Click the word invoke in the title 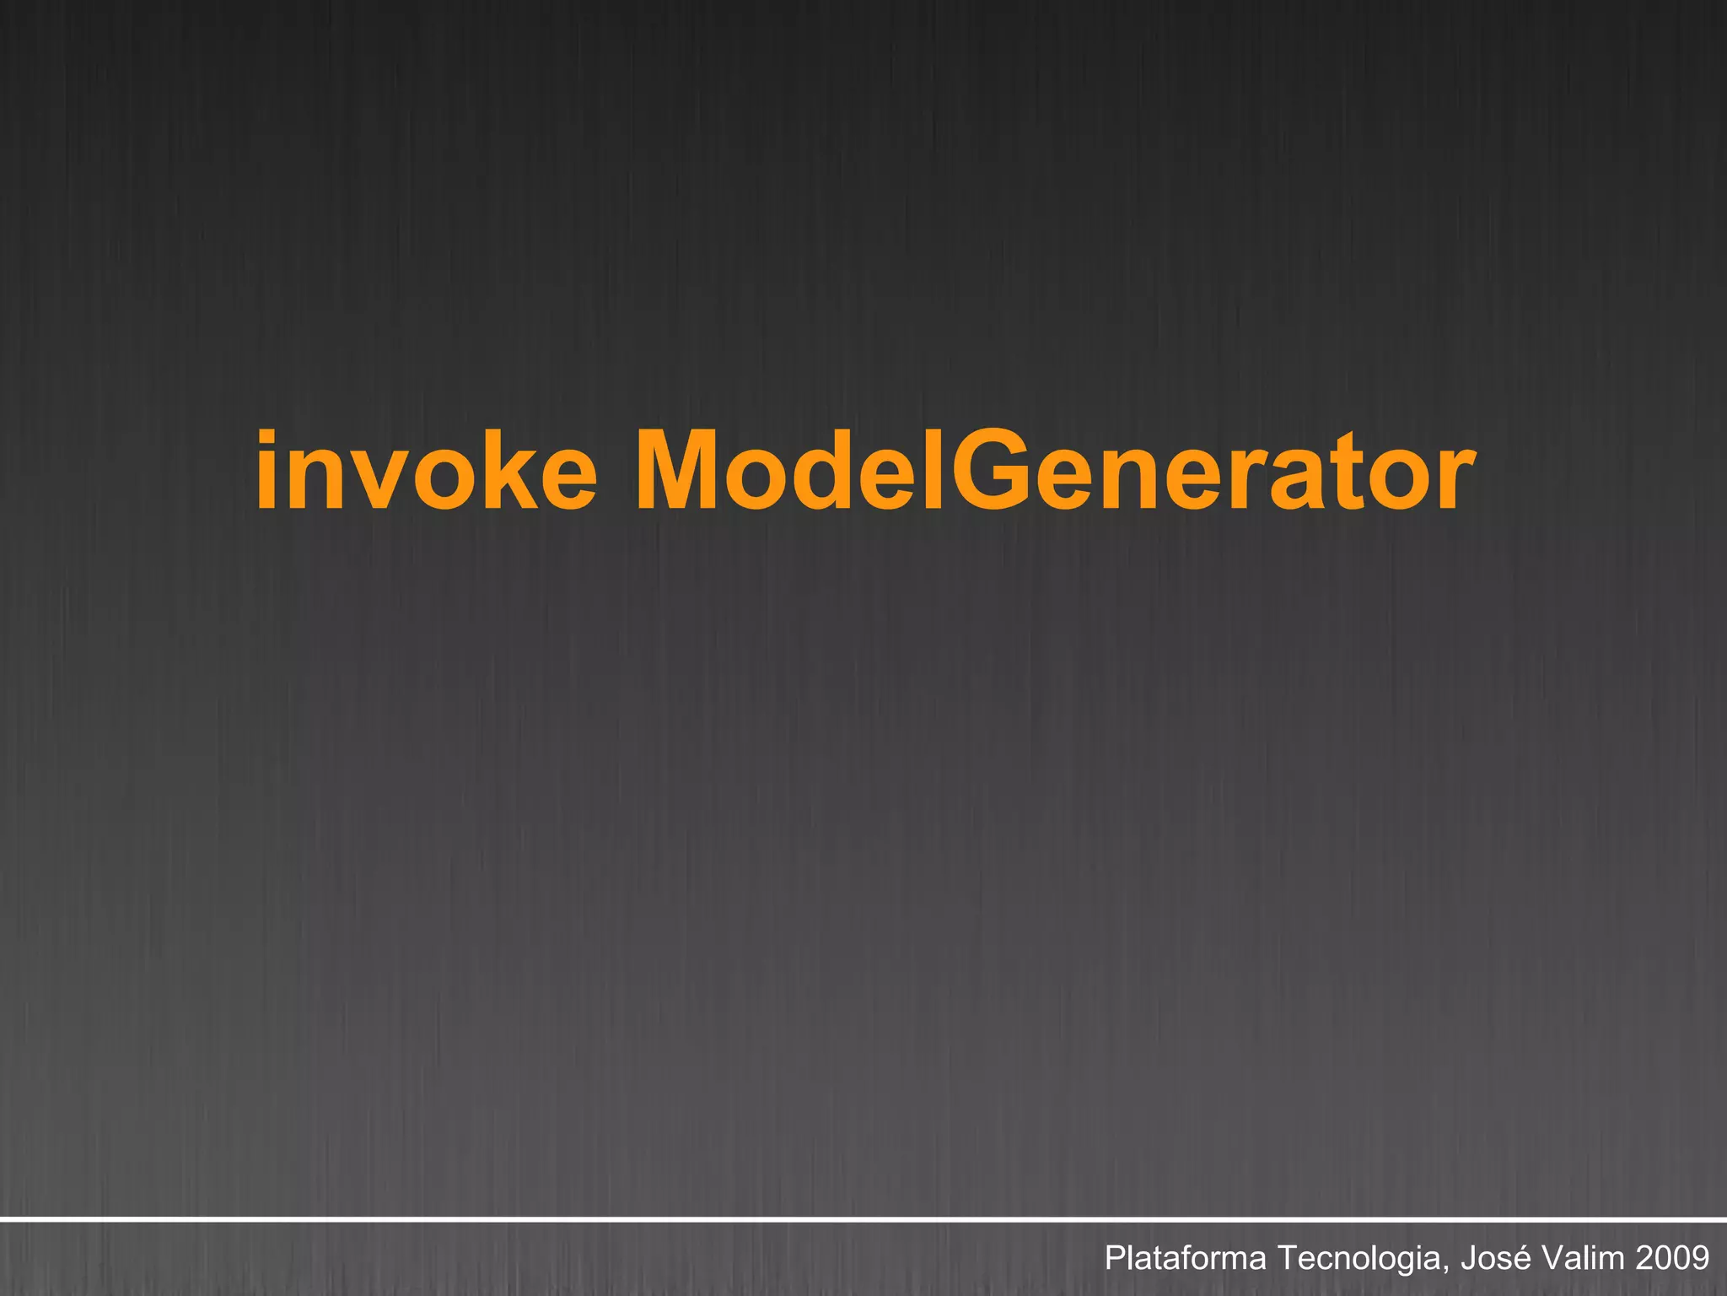pos(426,472)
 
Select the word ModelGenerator pos(1055,472)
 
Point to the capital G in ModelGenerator pos(998,472)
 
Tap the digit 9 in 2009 pos(1700,1258)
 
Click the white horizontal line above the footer pos(863,1219)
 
